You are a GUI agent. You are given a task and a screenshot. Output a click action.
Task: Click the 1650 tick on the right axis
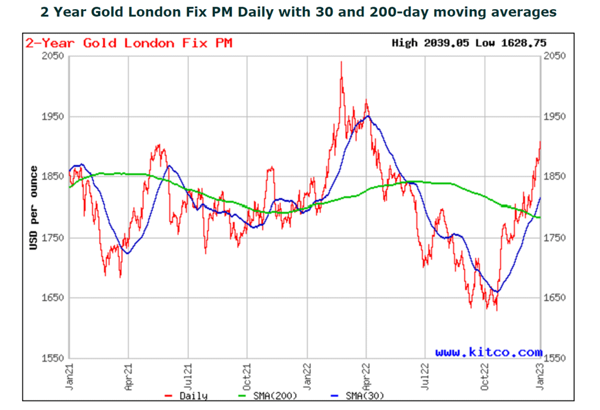tap(555, 298)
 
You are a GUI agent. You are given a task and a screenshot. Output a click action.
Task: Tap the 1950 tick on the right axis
tap(555, 116)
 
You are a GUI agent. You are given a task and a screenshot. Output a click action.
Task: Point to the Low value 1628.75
tap(525, 43)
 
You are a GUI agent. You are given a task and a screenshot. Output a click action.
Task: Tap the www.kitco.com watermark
tap(489, 352)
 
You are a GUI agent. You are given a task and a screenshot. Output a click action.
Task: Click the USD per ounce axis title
tap(34, 207)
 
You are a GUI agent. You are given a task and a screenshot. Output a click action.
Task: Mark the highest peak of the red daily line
tap(341, 62)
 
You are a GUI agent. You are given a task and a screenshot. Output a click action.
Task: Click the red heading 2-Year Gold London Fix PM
tap(129, 43)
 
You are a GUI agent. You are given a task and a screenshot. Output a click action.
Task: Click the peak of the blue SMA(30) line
tap(367, 116)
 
